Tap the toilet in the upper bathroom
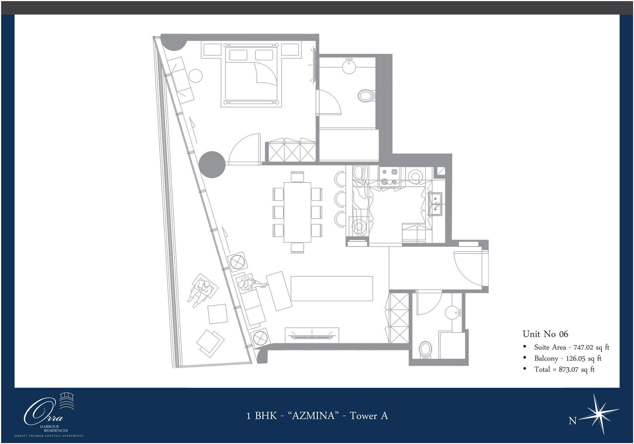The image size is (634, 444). click(x=366, y=95)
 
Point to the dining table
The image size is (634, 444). click(x=297, y=212)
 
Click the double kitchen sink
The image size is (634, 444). click(x=435, y=204)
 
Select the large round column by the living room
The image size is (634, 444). click(x=212, y=164)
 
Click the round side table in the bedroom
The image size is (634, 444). click(x=196, y=76)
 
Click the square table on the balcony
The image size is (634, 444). click(x=217, y=314)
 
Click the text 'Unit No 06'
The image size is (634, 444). click(x=545, y=334)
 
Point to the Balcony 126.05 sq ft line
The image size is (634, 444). click(x=567, y=358)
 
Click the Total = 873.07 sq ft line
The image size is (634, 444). click(x=564, y=370)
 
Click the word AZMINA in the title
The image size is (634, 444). click(x=313, y=416)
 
